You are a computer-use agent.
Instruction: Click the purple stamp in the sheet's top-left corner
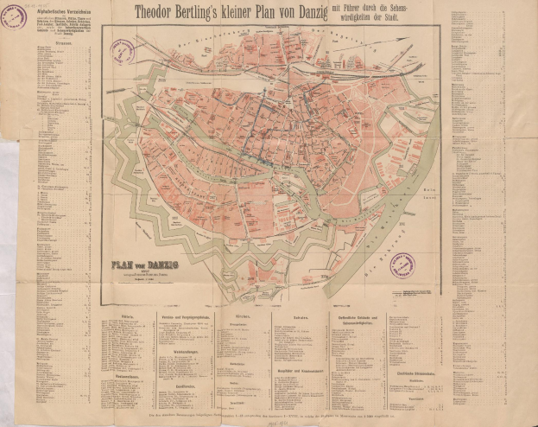tap(13, 16)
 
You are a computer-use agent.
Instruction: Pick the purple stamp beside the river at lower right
tap(402, 264)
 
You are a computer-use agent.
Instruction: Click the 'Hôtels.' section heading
tap(128, 316)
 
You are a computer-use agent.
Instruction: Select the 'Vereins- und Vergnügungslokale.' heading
tap(187, 316)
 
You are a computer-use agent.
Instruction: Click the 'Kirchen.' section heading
tap(243, 316)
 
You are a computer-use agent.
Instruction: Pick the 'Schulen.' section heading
tap(298, 316)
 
